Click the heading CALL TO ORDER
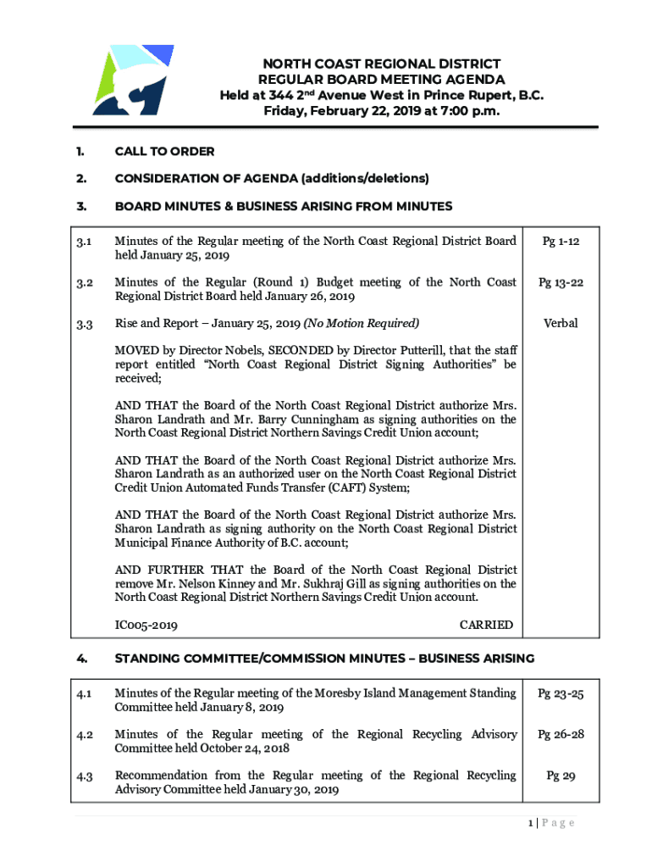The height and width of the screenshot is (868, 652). coord(164,152)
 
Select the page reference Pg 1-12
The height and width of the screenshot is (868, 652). coord(560,242)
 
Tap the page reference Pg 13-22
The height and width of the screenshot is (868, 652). coord(560,282)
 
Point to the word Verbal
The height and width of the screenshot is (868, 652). coord(560,323)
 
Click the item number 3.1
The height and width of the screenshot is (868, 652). coord(84,242)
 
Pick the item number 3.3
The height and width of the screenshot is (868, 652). coord(84,324)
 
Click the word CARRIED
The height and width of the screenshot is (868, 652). coord(485,625)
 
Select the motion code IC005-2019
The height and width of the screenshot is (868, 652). coord(146,625)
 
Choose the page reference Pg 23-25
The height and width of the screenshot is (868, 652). coord(560,694)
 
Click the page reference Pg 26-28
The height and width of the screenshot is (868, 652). coord(560,735)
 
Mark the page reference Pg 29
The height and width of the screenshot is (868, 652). coord(560,776)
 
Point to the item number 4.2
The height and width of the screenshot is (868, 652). coord(84,735)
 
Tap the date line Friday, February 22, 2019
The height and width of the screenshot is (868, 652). coord(381,111)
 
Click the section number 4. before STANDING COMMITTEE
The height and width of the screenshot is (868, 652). coord(80,658)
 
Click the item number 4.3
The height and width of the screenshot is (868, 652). coord(84,776)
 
